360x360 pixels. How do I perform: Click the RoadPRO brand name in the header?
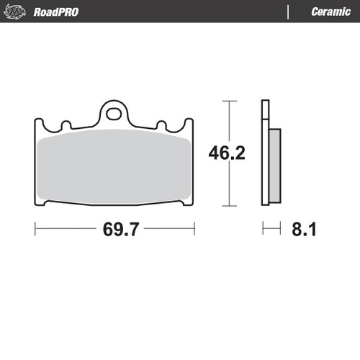pyautogui.click(x=56, y=12)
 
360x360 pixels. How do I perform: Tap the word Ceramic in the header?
pyautogui.click(x=331, y=12)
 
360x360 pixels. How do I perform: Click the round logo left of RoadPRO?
pyautogui.click(x=19, y=12)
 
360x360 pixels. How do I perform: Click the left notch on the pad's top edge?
pyautogui.click(x=66, y=125)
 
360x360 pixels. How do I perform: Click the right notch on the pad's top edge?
pyautogui.click(x=162, y=125)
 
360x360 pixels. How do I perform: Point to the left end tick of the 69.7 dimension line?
pyautogui.click(x=35, y=230)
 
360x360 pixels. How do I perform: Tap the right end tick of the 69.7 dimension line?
pyautogui.click(x=194, y=230)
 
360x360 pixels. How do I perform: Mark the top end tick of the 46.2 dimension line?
pyautogui.click(x=230, y=101)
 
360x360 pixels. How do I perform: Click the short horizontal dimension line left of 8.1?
pyautogui.click(x=271, y=230)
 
